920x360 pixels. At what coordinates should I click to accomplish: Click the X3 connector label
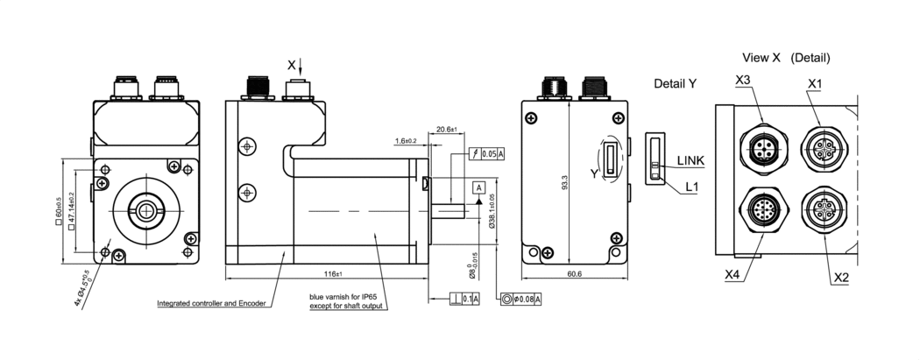pyautogui.click(x=743, y=81)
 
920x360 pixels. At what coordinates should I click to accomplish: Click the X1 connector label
pyautogui.click(x=815, y=82)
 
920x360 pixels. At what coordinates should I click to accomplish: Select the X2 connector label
pyautogui.click(x=841, y=278)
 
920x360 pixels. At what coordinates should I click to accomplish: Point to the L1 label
pyautogui.click(x=691, y=187)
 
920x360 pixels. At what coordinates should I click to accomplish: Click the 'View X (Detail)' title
pyautogui.click(x=786, y=58)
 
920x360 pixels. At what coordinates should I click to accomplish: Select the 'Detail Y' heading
pyautogui.click(x=675, y=83)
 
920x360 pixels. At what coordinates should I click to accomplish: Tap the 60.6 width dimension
pyautogui.click(x=574, y=274)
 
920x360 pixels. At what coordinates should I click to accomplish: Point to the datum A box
pyautogui.click(x=478, y=187)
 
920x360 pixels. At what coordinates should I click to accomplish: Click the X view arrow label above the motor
pyautogui.click(x=292, y=65)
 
